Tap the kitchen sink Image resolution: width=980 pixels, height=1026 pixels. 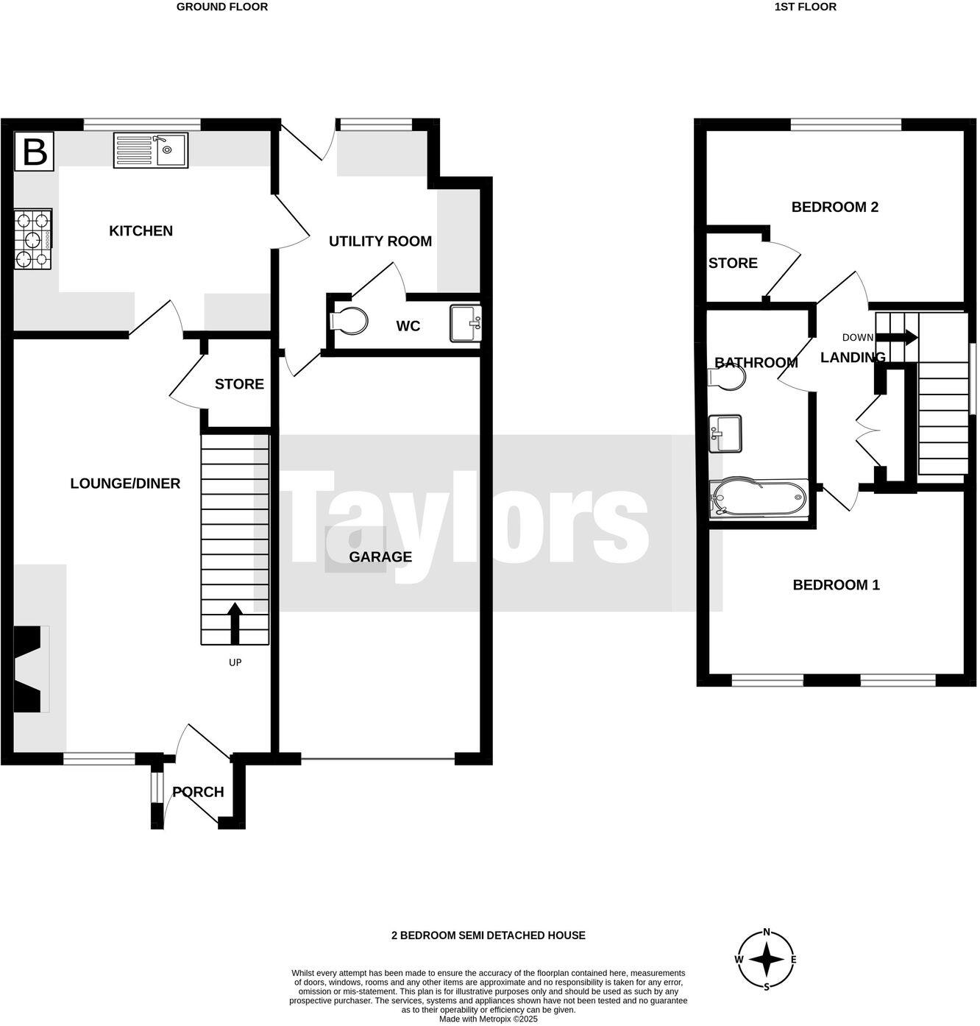pyautogui.click(x=151, y=150)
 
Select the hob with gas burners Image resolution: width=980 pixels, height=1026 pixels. pyautogui.click(x=33, y=239)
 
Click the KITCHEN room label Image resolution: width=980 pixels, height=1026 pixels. pyautogui.click(x=141, y=231)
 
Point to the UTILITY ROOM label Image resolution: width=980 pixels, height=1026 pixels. pyautogui.click(x=380, y=241)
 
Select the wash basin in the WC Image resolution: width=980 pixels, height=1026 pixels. pyautogui.click(x=465, y=324)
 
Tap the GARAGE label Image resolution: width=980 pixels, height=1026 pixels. pyautogui.click(x=380, y=557)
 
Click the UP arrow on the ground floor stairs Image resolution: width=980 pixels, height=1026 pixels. pyautogui.click(x=235, y=623)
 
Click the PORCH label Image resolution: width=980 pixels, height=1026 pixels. pyautogui.click(x=198, y=792)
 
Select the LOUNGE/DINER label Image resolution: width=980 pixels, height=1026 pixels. pyautogui.click(x=125, y=484)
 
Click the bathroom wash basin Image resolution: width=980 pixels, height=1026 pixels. pyautogui.click(x=725, y=434)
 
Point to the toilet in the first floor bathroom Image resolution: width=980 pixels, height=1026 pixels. pyautogui.click(x=727, y=378)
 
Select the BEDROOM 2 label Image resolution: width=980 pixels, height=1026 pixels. pyautogui.click(x=834, y=207)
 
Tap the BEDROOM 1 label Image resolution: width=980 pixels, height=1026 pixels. pyautogui.click(x=836, y=585)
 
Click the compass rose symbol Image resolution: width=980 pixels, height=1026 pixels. pyautogui.click(x=767, y=960)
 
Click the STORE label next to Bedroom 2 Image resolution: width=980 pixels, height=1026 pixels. pyautogui.click(x=733, y=263)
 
